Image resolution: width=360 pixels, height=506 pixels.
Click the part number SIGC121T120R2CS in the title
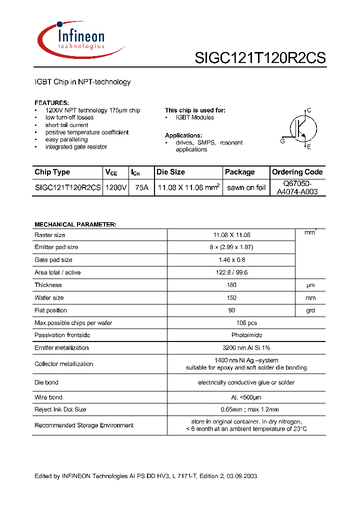[260, 58]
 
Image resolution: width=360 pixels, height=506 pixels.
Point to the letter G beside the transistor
[282, 141]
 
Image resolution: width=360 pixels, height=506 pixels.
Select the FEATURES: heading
[51, 102]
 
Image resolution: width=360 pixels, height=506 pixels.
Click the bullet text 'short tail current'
[66, 125]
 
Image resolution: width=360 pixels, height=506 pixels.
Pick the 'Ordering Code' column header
[297, 172]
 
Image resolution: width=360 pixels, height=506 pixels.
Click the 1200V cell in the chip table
[115, 188]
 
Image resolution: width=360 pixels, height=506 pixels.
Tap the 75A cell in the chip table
[141, 188]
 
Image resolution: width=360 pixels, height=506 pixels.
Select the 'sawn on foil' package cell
[246, 188]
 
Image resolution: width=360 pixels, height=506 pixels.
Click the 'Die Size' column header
[170, 172]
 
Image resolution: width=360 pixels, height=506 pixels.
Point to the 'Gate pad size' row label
[53, 260]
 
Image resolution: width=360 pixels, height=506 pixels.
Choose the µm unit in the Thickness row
[310, 285]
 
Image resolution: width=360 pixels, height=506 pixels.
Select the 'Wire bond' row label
[48, 397]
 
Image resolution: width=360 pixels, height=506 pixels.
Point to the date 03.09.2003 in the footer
[241, 476]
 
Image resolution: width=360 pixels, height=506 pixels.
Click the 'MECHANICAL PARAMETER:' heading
[75, 224]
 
